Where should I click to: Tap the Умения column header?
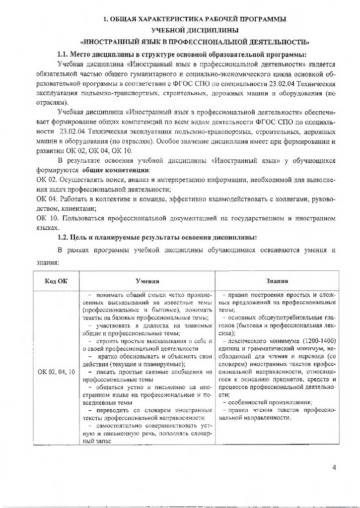tap(147, 281)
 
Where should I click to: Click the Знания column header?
tap(277, 281)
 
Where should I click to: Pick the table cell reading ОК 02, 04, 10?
tap(56, 371)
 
